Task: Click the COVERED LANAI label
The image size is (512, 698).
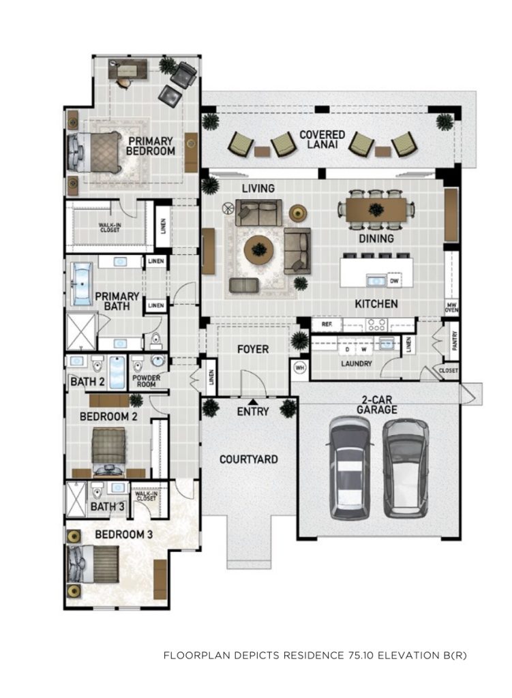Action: (322, 139)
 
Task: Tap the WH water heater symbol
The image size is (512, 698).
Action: (299, 368)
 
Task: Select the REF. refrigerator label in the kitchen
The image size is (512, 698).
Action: (327, 324)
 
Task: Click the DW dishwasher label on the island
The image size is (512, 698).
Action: (394, 281)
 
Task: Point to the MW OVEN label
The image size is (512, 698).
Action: (451, 307)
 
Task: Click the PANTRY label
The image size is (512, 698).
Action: (454, 341)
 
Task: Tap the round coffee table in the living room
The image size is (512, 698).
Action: (258, 249)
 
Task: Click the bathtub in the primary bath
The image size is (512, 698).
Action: (82, 284)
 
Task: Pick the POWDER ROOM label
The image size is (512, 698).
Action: (146, 380)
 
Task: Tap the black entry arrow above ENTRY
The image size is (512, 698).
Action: (252, 401)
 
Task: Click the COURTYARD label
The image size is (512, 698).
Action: (248, 459)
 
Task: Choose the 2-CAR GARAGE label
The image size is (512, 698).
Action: (376, 404)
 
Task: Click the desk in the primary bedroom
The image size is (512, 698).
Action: (127, 70)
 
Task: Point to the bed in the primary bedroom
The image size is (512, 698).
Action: (94, 152)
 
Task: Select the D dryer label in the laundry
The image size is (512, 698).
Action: (347, 350)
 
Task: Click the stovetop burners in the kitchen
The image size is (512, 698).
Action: (376, 325)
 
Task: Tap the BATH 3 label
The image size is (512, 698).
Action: (107, 506)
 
